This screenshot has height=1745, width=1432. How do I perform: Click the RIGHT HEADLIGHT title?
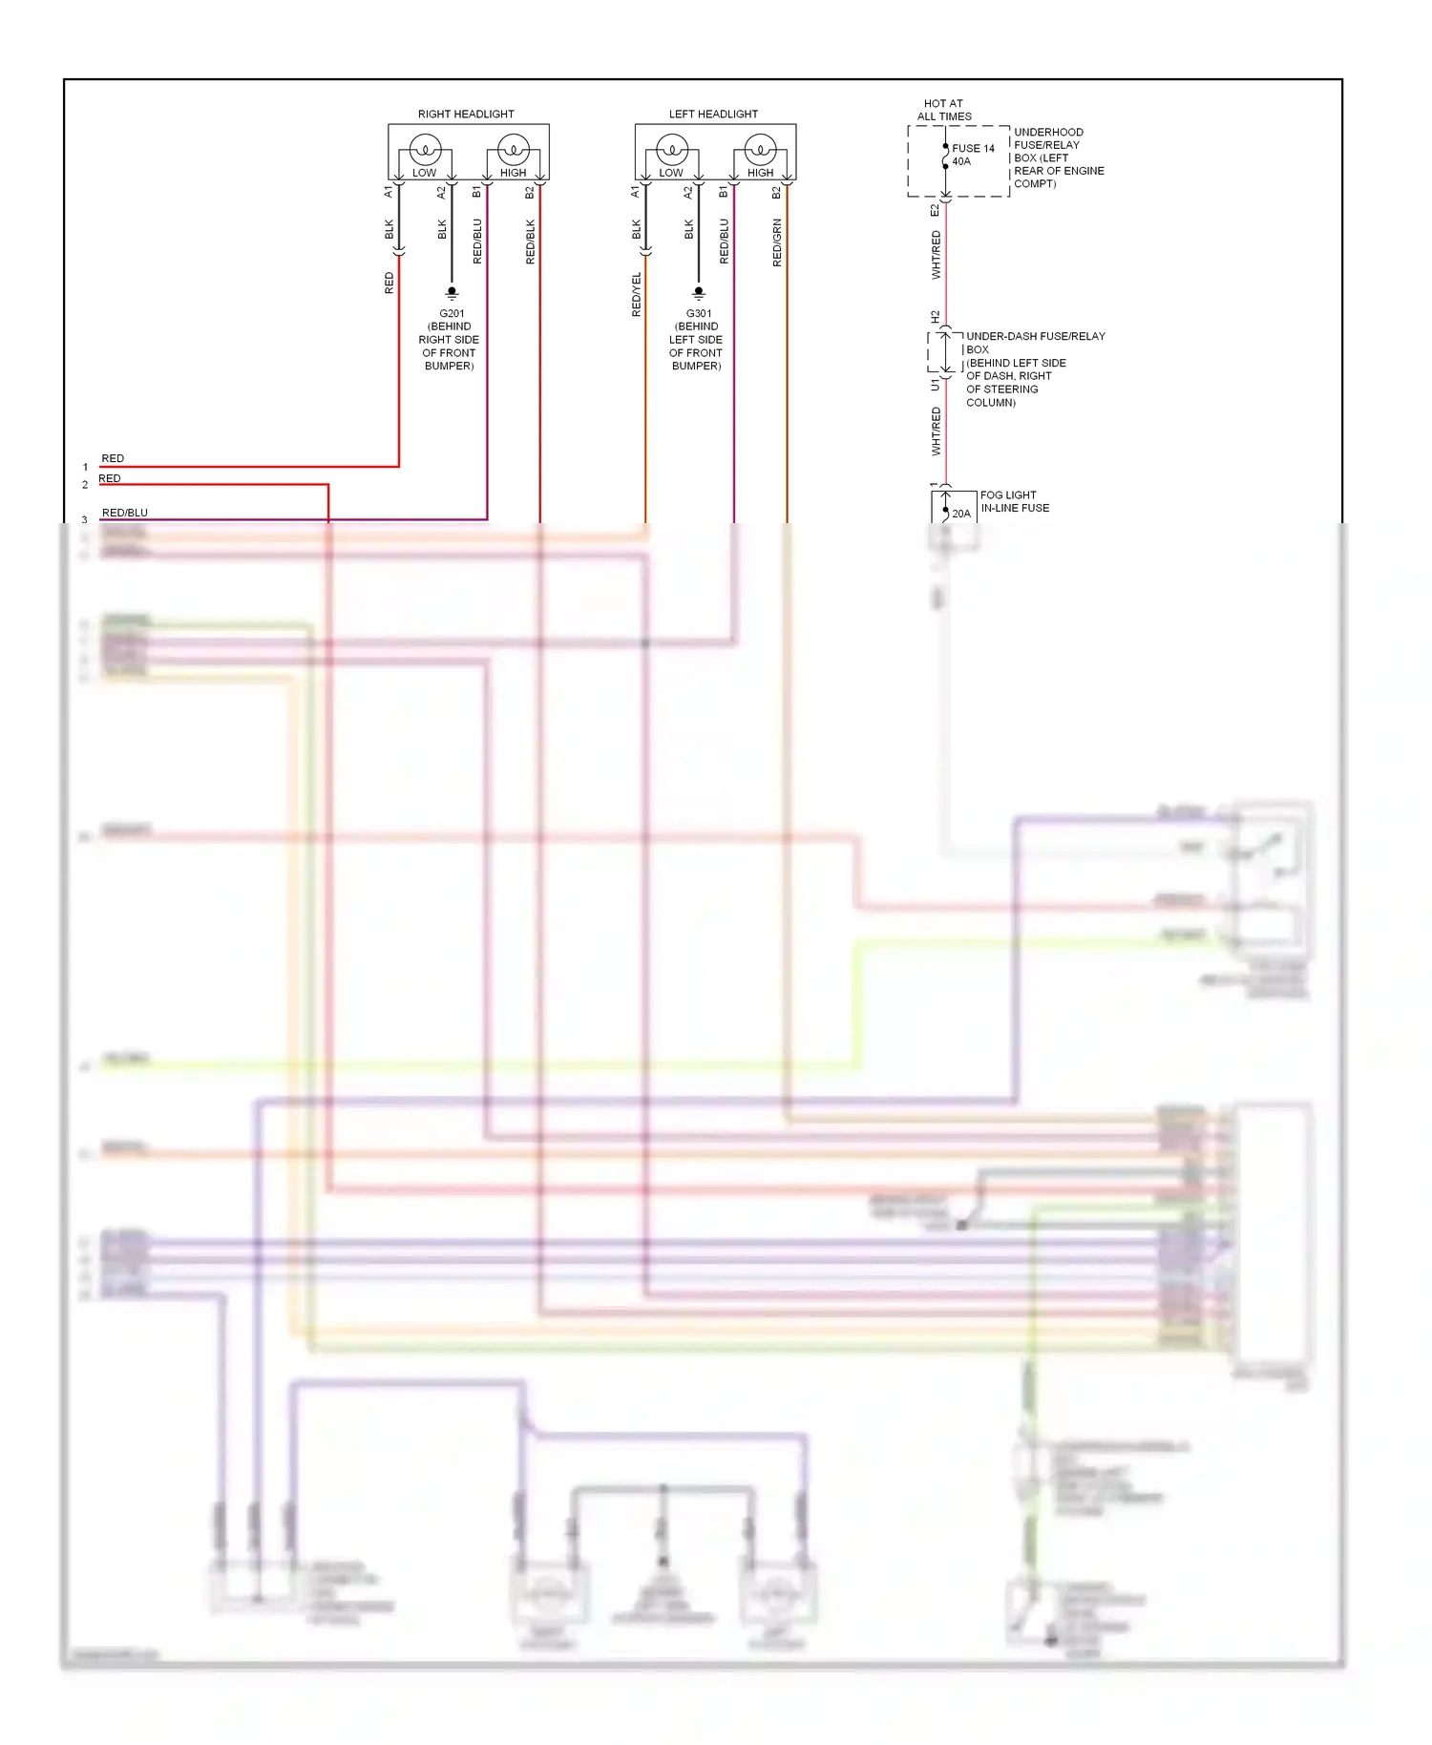tap(466, 114)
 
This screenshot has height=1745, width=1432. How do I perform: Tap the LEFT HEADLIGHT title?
tap(713, 114)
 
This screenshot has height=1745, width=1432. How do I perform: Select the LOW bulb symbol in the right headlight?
tap(425, 150)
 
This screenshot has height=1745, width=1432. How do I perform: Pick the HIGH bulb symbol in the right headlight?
tap(514, 150)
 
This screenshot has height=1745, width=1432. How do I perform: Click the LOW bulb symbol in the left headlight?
tap(672, 150)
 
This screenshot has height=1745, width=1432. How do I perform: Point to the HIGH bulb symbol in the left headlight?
tap(761, 150)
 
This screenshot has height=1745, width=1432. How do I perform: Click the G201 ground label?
tap(452, 313)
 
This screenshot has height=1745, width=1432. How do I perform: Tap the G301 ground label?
tap(699, 313)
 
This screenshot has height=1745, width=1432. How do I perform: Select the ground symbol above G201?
tap(452, 293)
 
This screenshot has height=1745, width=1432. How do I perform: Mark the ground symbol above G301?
tap(699, 293)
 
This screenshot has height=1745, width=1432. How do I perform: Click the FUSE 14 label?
tap(973, 148)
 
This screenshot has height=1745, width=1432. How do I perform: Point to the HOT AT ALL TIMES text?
tap(944, 110)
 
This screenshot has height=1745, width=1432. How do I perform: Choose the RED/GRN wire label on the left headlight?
tap(777, 242)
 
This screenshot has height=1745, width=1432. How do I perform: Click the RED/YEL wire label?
tap(637, 295)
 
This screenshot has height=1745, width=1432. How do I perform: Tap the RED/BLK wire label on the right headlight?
tap(531, 242)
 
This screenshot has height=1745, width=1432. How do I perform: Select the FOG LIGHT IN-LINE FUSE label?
tap(1014, 501)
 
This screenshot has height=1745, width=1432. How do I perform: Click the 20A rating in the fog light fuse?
tap(960, 514)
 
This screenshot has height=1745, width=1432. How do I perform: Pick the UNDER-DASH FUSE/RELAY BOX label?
tap(1035, 336)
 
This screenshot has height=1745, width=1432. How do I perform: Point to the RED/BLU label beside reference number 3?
tap(125, 513)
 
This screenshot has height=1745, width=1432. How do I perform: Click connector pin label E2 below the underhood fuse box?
tap(935, 210)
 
